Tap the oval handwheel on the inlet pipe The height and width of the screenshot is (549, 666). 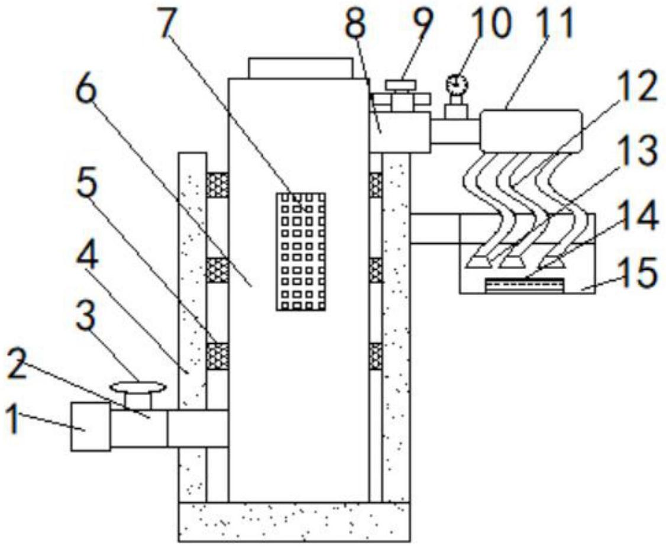[x=138, y=387]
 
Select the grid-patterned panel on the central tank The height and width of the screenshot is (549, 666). [x=301, y=251]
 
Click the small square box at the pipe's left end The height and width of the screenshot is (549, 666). [x=90, y=426]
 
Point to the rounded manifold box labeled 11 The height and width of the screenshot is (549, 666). [x=531, y=130]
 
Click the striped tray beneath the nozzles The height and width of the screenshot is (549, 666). [x=524, y=286]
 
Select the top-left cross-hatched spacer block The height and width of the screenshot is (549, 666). [x=217, y=185]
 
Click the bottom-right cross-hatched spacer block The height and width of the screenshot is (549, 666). [x=375, y=356]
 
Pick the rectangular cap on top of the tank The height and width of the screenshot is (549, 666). [x=300, y=68]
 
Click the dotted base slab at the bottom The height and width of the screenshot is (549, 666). [x=294, y=522]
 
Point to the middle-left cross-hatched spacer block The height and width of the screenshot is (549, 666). [x=217, y=270]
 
